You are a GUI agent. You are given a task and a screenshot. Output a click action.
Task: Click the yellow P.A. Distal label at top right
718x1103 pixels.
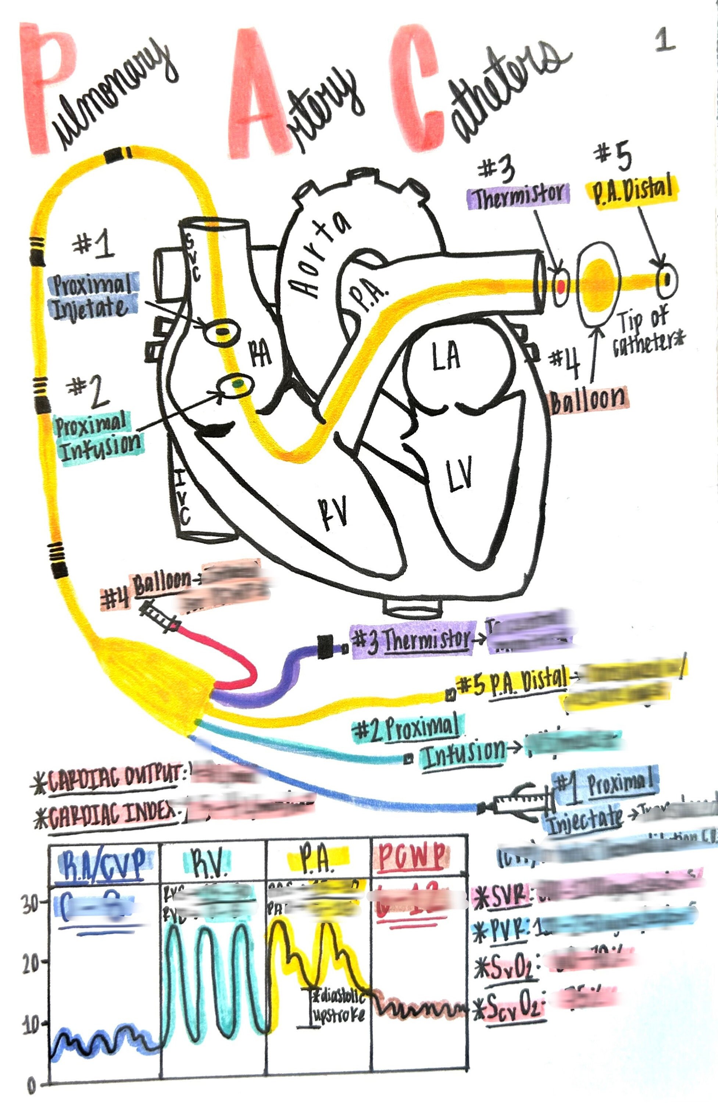coord(632,190)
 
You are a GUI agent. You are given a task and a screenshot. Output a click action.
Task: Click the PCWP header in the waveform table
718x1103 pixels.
coord(411,856)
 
